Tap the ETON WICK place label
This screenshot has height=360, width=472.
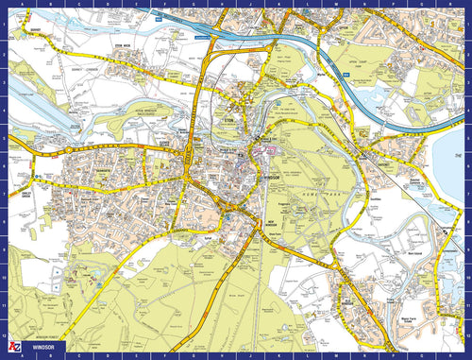119,43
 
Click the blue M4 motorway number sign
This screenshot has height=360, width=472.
346,72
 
